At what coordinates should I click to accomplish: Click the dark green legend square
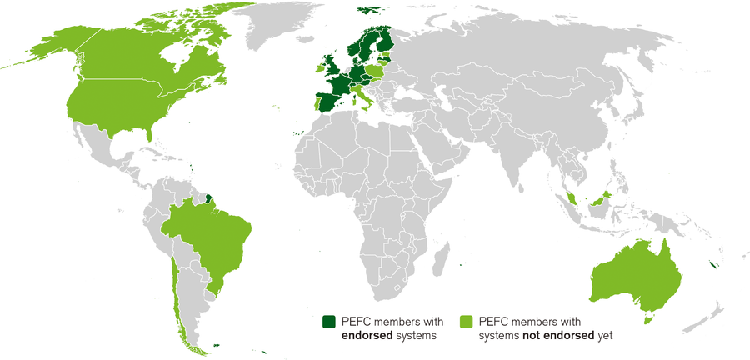point(329,321)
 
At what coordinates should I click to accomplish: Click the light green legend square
point(467,321)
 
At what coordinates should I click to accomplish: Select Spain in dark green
point(324,102)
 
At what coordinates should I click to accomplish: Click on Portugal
point(313,102)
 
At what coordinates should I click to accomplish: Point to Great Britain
point(330,65)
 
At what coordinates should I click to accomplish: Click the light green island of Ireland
point(319,67)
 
